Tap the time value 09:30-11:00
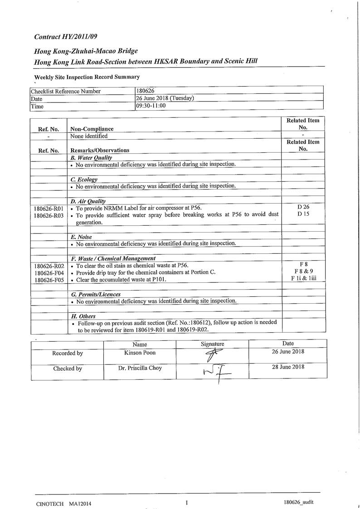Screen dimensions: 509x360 point(151,106)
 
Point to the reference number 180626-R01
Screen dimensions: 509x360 point(49,208)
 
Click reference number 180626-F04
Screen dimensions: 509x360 point(49,273)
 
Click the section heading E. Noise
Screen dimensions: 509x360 point(81,237)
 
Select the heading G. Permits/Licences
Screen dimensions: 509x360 point(96,294)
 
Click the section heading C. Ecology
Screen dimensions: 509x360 point(84,179)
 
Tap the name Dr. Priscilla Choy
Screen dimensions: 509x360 point(140,368)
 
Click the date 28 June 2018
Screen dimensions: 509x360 point(288,367)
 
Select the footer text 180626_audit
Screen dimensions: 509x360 point(298,502)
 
